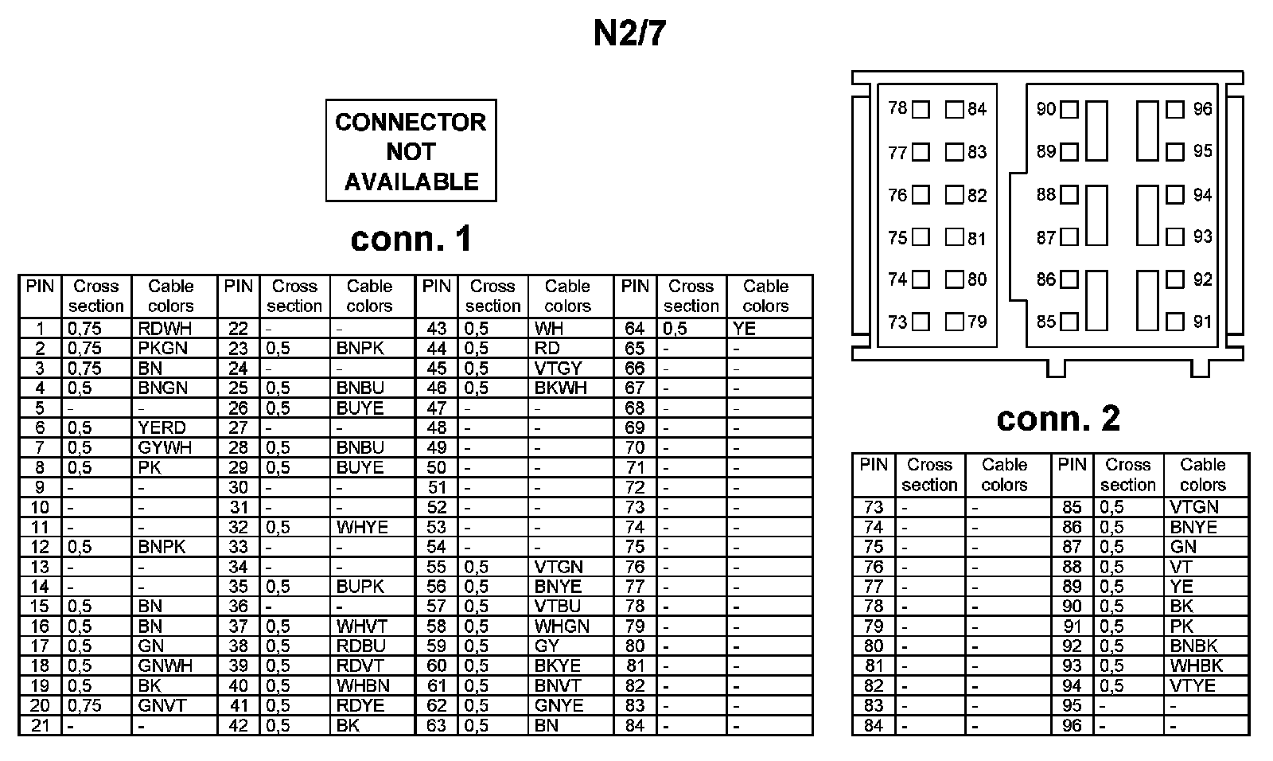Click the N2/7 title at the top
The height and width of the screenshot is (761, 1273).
(629, 34)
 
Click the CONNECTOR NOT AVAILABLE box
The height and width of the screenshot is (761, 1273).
(411, 150)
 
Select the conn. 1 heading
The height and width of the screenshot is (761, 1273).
(411, 239)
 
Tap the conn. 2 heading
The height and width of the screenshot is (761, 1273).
(1057, 418)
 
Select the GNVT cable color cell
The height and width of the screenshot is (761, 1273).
(162, 705)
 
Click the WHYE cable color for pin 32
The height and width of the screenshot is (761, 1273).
(362, 527)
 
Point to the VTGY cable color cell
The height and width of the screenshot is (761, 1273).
(558, 368)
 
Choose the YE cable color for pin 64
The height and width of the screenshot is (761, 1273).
(744, 328)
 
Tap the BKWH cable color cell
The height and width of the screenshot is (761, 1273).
(560, 388)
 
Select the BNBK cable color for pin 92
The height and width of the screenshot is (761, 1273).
(1193, 646)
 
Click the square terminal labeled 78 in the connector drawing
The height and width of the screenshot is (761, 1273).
(921, 110)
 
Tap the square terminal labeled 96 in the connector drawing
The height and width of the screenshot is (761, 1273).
(1175, 110)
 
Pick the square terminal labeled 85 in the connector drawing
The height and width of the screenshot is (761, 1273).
(1069, 322)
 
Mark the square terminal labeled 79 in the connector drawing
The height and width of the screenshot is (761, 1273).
(954, 322)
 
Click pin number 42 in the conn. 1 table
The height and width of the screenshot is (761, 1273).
(238, 725)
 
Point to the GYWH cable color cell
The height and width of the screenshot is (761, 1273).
(164, 447)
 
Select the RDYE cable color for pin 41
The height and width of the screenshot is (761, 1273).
(360, 705)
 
